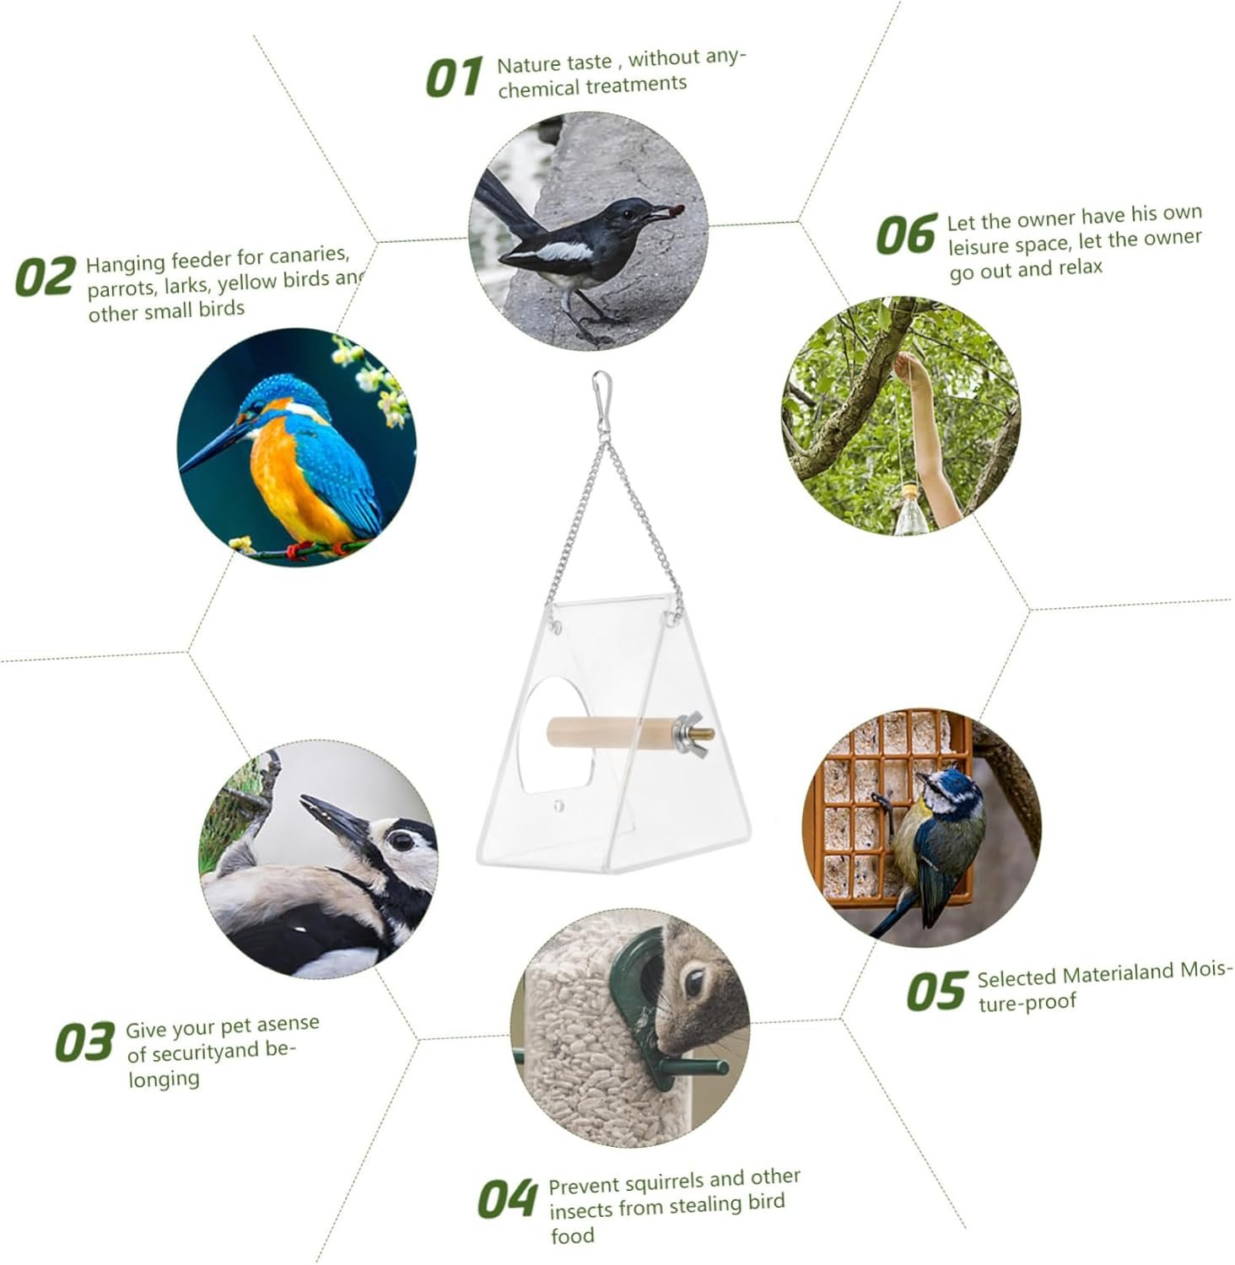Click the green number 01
tap(454, 78)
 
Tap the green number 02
tap(45, 277)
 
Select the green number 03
tap(84, 1042)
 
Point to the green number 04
tap(507, 1199)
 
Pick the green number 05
tap(936, 991)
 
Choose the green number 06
tap(907, 234)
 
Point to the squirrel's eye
tap(695, 981)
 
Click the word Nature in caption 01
tap(528, 64)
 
